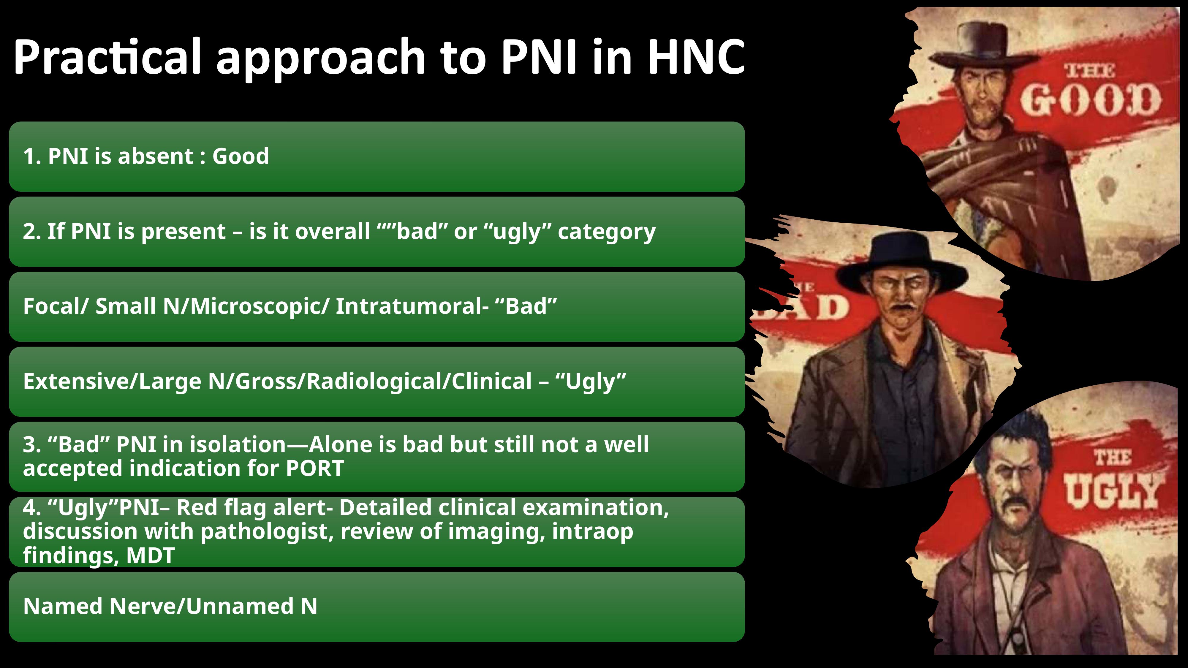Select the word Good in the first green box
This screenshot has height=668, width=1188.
click(240, 156)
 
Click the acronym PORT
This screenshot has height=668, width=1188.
click(315, 468)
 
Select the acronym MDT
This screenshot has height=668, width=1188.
click(150, 555)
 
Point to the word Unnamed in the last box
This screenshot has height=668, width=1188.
click(240, 607)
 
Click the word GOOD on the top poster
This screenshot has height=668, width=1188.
click(1089, 101)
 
